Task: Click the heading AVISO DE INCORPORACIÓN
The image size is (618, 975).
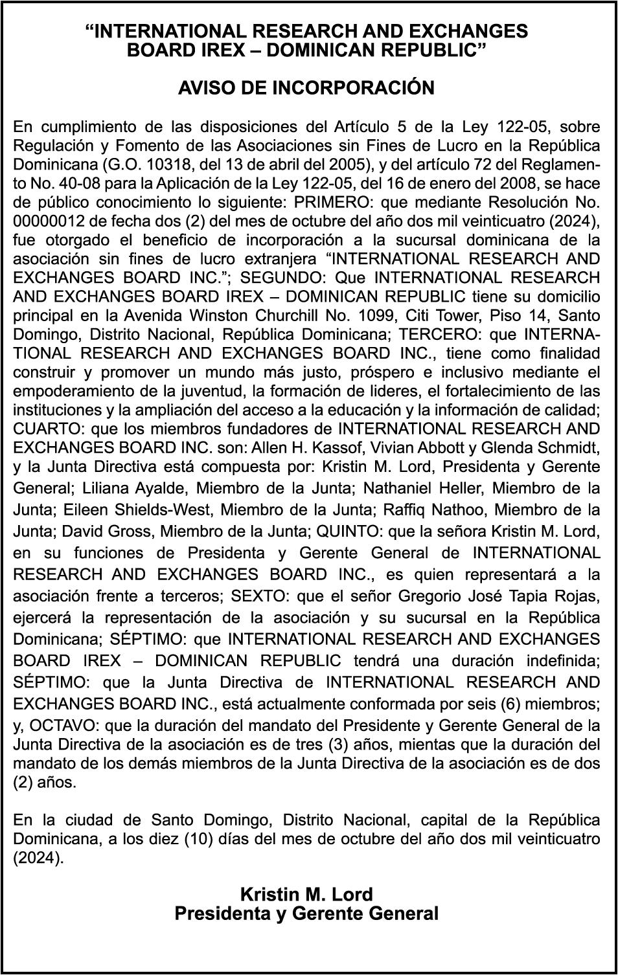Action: (x=306, y=88)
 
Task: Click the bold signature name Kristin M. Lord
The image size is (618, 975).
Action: (x=306, y=895)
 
